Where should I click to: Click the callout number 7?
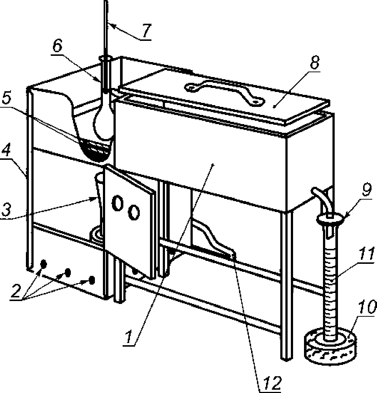[146, 31]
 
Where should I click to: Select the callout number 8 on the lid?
[315, 63]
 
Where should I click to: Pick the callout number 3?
[5, 209]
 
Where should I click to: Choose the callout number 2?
[16, 291]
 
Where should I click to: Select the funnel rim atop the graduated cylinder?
[330, 219]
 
